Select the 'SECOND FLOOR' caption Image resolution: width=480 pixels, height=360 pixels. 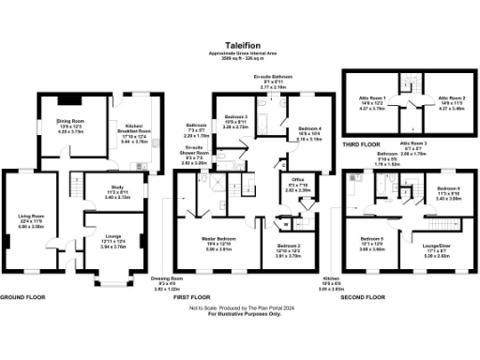(x=364, y=296)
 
